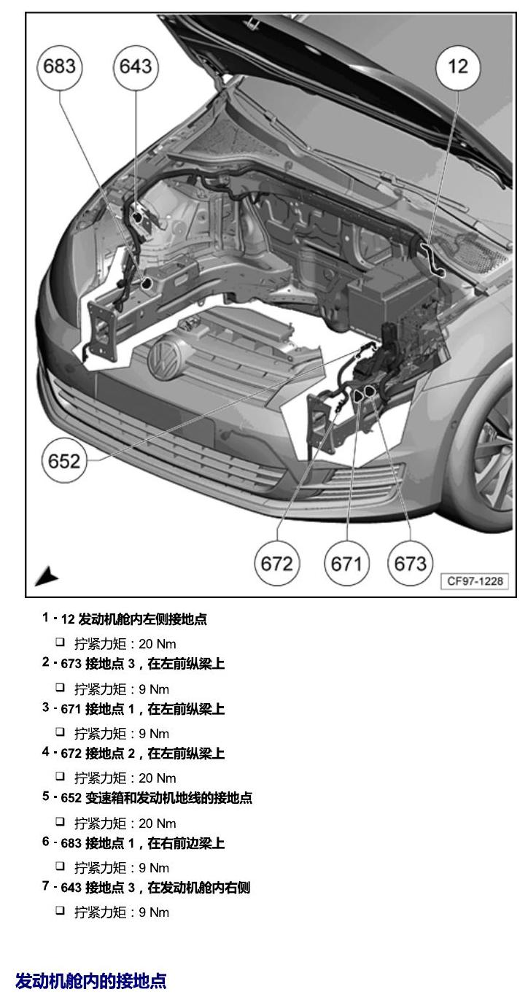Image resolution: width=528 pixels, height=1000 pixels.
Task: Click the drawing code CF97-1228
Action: (x=475, y=581)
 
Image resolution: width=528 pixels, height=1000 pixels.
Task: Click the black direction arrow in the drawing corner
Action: (x=47, y=576)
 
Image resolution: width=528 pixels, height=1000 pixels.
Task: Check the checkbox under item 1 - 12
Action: (x=60, y=643)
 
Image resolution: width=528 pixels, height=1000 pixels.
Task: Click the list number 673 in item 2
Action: (x=71, y=664)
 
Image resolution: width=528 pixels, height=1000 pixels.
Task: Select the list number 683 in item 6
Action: (x=71, y=843)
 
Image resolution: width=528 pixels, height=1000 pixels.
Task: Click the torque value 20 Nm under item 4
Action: (x=157, y=778)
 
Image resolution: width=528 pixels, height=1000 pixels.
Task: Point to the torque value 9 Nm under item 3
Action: (x=154, y=734)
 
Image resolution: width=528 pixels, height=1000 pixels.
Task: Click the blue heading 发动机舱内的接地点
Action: (x=91, y=981)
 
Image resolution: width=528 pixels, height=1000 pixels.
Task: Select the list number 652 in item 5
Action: (x=71, y=798)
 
